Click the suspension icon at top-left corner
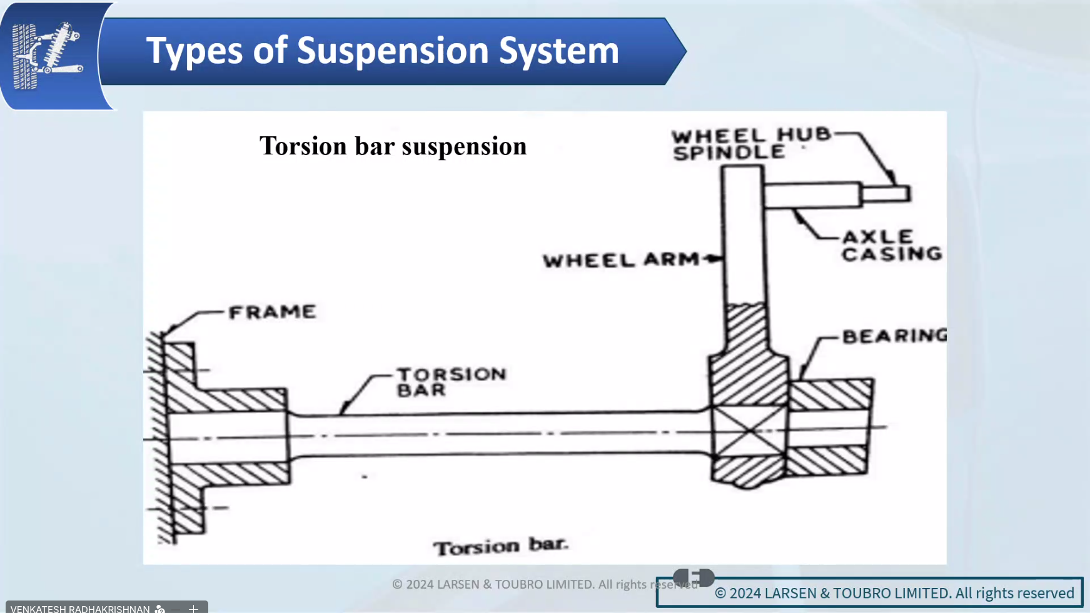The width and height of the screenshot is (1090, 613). tap(48, 56)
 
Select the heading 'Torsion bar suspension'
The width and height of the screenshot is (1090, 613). tap(393, 146)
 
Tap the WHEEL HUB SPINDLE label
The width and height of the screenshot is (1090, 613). tap(750, 144)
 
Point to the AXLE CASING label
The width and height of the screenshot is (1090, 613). tap(891, 245)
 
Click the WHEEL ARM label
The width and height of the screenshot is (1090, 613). tap(621, 260)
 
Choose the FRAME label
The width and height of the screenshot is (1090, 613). tap(273, 312)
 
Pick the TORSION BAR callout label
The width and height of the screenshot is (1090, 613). tap(450, 382)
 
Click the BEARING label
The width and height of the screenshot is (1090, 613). tap(894, 336)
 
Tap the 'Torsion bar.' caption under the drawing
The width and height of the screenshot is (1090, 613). tap(501, 546)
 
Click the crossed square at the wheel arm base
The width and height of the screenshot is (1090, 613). tap(749, 431)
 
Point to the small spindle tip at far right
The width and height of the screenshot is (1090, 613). tap(886, 194)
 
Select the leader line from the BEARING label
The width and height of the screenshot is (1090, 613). tap(813, 356)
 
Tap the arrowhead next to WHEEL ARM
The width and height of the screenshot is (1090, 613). tap(713, 259)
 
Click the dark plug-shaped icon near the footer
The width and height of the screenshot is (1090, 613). tap(694, 577)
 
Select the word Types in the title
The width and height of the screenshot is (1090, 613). tap(194, 51)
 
